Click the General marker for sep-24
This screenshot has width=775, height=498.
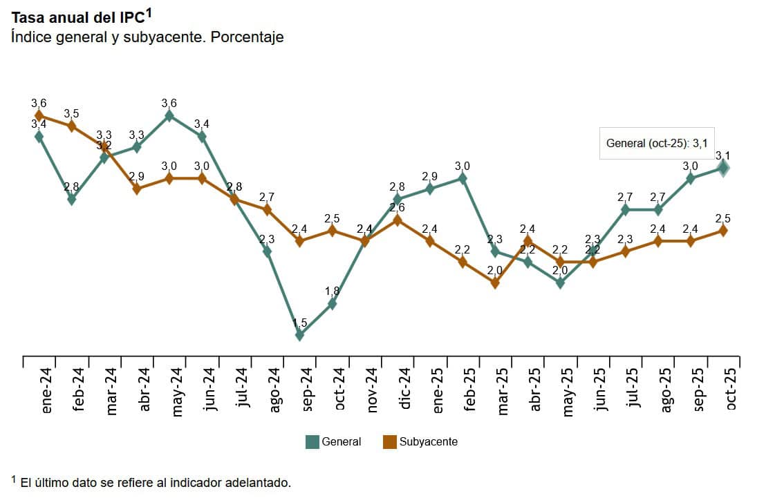point(299,335)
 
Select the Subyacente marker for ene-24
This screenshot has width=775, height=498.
point(39,115)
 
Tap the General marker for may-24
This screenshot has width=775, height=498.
point(169,115)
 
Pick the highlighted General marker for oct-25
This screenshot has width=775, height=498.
point(723,168)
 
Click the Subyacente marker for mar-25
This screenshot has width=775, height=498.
point(495,282)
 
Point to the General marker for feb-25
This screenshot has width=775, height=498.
point(463,178)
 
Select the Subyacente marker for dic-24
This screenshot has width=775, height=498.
point(398,220)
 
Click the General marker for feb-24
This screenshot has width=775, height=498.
point(72,199)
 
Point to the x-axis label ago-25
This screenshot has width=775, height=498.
point(665,390)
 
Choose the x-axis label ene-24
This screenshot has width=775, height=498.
point(46,390)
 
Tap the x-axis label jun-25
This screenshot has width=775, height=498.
point(600,390)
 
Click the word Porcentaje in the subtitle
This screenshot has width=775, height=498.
point(247,37)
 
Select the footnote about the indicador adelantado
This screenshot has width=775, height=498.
point(152,482)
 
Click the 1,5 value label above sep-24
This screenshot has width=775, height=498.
point(299,323)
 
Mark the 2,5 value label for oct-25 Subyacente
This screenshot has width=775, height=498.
point(723,219)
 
